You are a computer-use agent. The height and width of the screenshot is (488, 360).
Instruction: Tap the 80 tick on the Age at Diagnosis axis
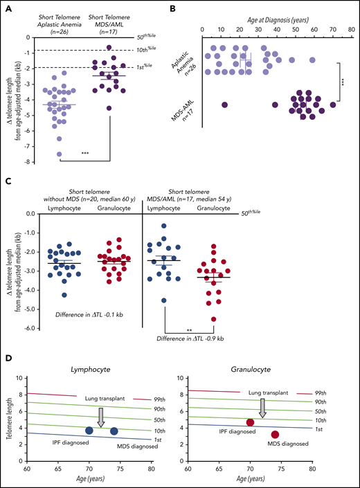pyautogui.click(x=351, y=29)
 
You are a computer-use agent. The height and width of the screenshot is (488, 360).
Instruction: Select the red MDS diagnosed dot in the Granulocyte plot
pyautogui.click(x=275, y=435)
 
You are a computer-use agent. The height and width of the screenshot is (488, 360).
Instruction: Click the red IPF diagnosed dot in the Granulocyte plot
pyautogui.click(x=251, y=422)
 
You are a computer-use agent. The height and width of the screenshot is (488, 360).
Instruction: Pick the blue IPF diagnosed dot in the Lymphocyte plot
pyautogui.click(x=89, y=431)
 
